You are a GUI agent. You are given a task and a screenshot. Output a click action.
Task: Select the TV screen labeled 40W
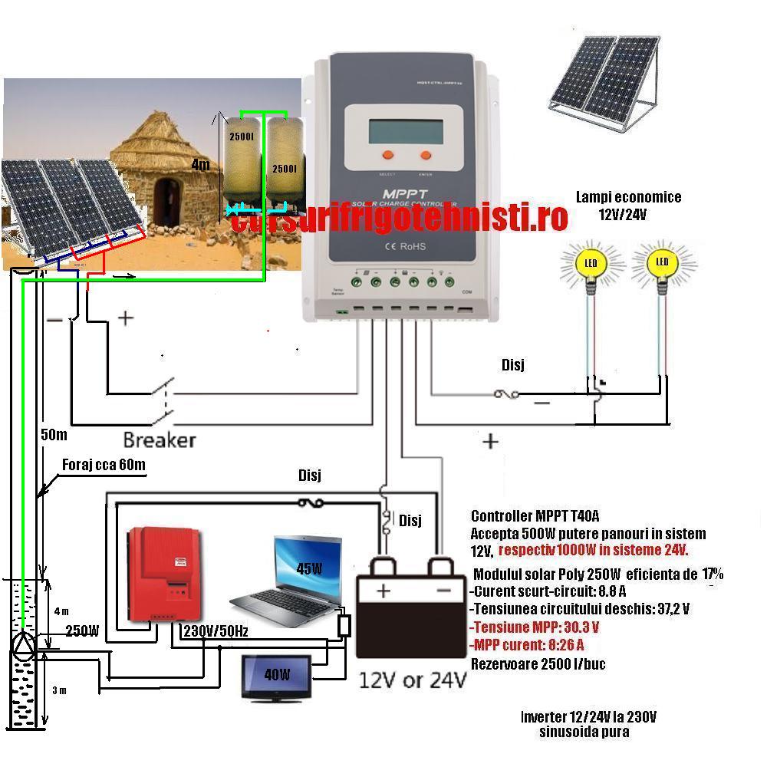point(277,676)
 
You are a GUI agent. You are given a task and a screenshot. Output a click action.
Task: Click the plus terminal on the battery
point(383,591)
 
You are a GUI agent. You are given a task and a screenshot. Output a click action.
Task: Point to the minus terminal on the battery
point(443,591)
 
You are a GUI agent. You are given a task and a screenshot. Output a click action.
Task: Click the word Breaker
point(160,440)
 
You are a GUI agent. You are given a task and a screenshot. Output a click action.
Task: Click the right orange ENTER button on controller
point(425,155)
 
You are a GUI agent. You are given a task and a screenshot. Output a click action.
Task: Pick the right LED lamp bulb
point(662,265)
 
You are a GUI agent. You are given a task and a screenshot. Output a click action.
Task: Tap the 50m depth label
point(53,435)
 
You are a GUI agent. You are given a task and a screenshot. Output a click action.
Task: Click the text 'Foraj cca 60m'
point(104,465)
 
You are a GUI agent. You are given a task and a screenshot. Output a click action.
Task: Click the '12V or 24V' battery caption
point(413,680)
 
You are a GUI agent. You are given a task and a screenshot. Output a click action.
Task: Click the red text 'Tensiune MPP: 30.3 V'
point(534,627)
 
